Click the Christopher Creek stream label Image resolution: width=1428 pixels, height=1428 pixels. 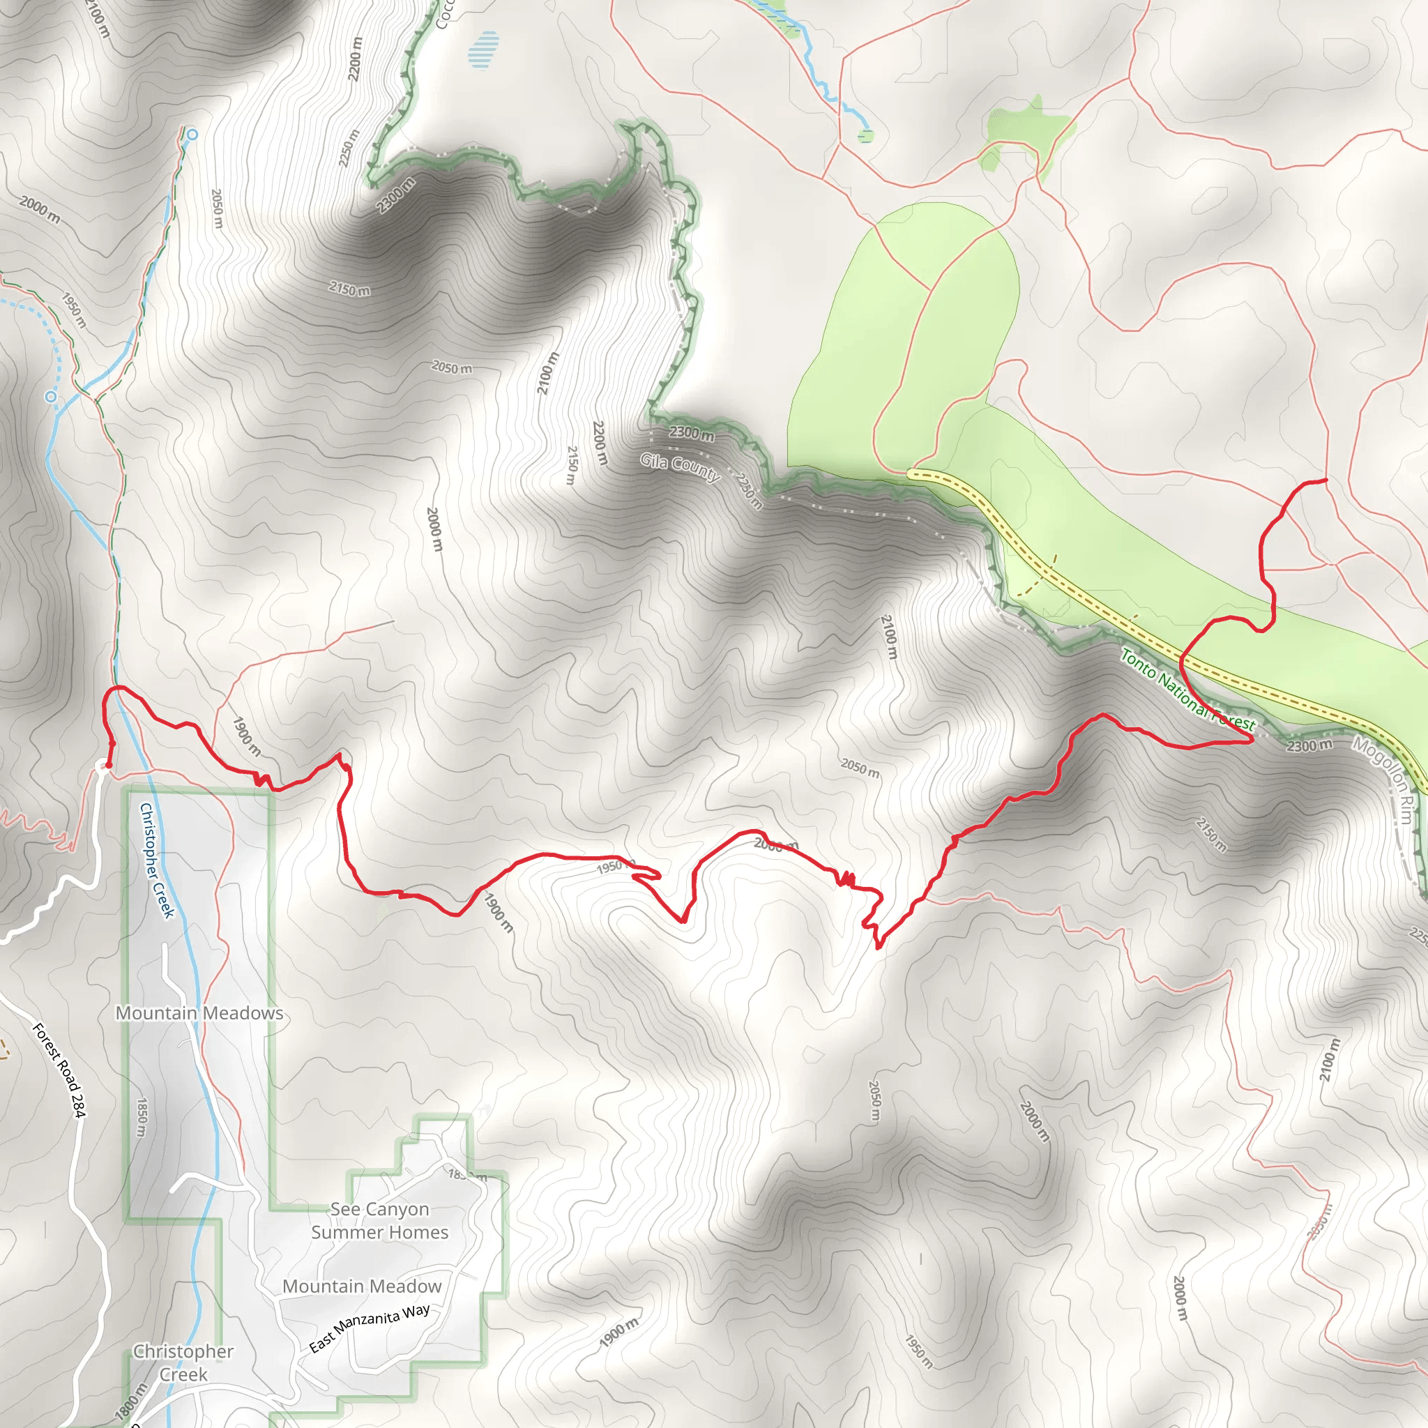click(157, 860)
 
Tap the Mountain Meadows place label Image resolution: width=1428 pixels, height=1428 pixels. click(199, 1013)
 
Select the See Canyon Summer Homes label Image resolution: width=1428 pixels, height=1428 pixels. click(379, 1220)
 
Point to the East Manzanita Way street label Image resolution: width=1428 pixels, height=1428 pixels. click(370, 1328)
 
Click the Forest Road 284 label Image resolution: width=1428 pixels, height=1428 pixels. click(59, 1070)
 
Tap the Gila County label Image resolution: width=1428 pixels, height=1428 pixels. click(680, 467)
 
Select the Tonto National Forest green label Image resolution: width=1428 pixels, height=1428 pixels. click(1187, 690)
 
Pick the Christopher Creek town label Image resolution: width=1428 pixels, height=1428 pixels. click(183, 1362)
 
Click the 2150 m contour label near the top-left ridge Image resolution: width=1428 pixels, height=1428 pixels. click(349, 289)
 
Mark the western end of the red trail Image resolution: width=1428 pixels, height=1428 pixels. click(108, 766)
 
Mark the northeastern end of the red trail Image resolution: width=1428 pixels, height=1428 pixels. click(1327, 480)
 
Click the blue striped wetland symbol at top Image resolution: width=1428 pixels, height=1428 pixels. click(483, 50)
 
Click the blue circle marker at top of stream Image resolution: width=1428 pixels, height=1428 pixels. click(192, 134)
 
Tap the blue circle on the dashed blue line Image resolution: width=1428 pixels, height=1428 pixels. click(50, 396)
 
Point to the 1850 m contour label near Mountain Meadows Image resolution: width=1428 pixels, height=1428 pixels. click(141, 1118)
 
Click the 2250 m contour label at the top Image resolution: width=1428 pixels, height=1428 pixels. click(349, 148)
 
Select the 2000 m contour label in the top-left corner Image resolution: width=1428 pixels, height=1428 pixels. click(40, 209)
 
